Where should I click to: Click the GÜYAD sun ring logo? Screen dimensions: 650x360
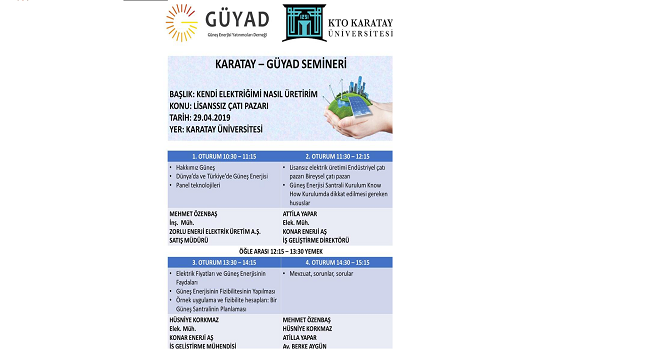[184, 23]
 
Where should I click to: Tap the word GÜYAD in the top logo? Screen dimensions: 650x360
[236, 19]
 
